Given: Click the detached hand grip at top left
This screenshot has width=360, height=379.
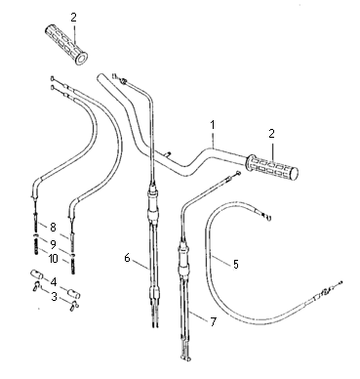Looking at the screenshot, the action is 65,44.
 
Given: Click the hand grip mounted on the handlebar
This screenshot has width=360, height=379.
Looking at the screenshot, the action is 272,168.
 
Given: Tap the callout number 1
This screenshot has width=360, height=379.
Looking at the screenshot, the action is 213,125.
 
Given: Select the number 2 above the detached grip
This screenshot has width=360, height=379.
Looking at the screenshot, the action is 73,18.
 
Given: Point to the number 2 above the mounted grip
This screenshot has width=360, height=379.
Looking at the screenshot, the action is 271,133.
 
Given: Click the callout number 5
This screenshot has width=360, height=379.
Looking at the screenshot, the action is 236,264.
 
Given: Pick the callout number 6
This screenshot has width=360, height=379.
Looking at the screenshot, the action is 127,258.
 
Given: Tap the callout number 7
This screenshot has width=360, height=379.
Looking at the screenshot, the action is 213,322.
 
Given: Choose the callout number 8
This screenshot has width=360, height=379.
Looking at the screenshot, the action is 53,227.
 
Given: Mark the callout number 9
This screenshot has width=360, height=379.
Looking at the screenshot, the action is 53,243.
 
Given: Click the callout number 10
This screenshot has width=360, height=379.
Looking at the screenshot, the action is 53,259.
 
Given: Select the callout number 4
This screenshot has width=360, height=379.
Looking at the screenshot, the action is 53,281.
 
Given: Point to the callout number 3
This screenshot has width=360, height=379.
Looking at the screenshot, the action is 54,297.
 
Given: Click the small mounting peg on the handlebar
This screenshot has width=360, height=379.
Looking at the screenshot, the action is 167,153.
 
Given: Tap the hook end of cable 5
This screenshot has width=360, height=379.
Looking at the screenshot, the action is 268,217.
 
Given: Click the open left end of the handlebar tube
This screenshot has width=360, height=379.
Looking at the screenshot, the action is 100,78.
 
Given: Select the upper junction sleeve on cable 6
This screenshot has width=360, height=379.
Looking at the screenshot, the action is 153,203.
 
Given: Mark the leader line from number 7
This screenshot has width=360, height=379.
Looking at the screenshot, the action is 198,316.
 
